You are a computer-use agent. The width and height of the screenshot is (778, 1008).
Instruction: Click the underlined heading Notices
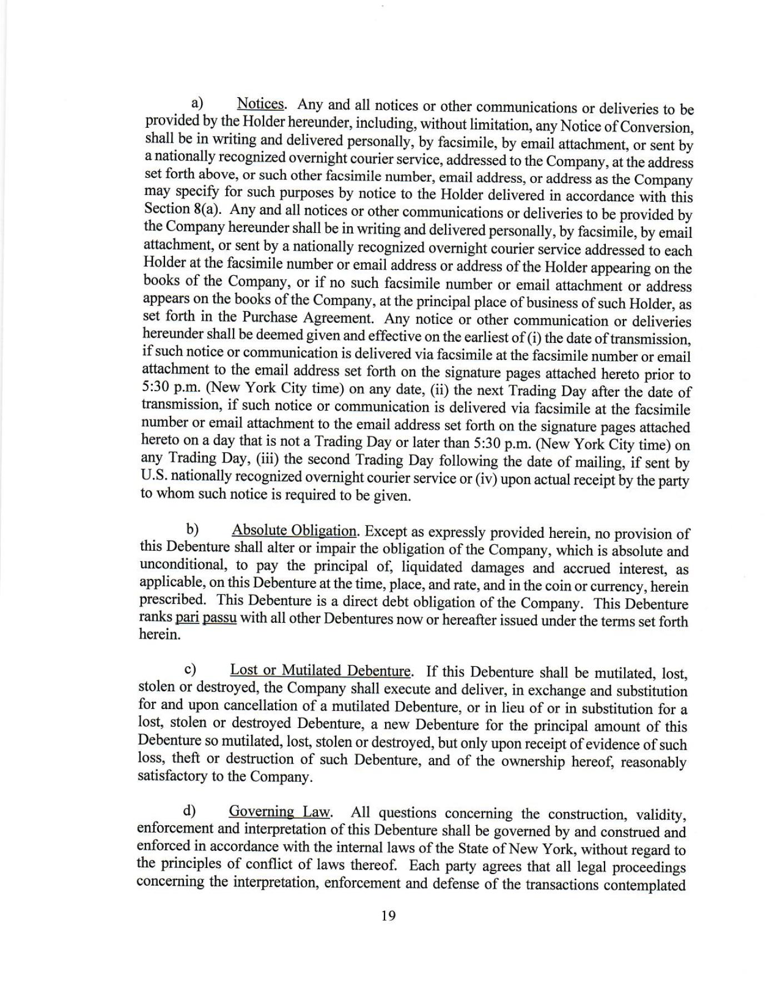(261, 104)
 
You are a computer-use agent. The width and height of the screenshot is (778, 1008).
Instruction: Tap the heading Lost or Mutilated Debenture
(321, 670)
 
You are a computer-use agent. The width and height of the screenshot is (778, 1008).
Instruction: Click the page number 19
(388, 915)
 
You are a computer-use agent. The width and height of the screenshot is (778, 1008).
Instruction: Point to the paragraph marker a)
(197, 103)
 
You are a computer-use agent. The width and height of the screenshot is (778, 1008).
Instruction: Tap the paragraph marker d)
(190, 810)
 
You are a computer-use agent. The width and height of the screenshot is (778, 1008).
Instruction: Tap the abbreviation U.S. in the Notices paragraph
(154, 476)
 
